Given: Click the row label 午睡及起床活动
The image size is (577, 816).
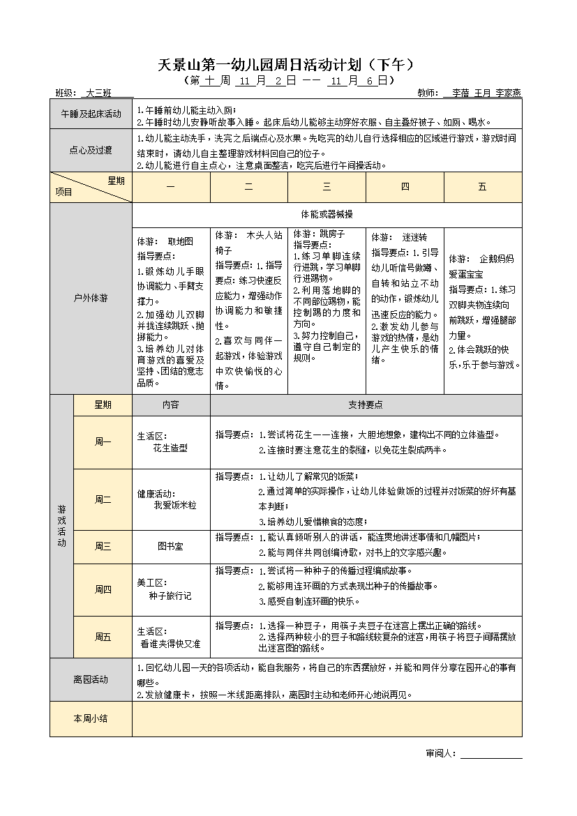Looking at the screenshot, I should point(91,114).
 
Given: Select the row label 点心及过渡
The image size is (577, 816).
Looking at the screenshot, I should point(91,149).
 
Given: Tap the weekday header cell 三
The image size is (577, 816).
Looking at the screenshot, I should point(327,187).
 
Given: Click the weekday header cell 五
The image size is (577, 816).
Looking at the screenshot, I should point(482,187).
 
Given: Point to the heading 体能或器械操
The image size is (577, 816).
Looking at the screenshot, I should point(327,213).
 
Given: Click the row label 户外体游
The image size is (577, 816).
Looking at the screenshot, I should point(91,298).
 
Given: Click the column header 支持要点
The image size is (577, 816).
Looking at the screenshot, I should point(366,405).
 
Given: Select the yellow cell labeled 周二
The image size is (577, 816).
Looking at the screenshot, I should point(103,499).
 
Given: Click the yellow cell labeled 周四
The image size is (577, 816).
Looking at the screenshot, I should point(103,589).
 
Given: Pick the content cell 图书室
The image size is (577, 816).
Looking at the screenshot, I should point(171,546).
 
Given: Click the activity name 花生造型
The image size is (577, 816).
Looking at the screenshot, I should point(170,448).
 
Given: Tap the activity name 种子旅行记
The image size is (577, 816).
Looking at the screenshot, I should point(170,596).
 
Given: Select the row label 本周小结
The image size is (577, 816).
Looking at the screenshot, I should point(91,718).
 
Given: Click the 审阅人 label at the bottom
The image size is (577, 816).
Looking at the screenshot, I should point(440,753).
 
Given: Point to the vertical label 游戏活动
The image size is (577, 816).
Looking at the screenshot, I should point(61,526).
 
